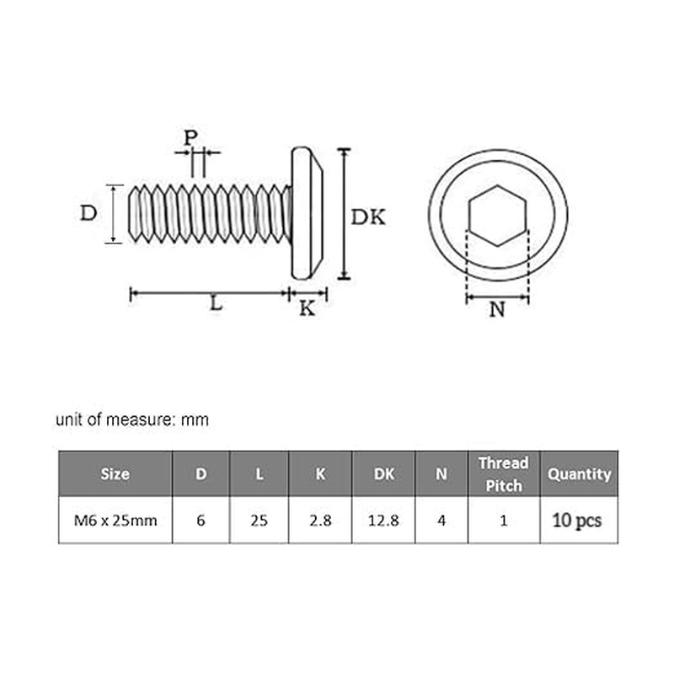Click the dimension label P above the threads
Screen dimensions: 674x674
191,136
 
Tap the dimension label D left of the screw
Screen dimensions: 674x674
88,213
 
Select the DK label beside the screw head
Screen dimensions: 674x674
368,217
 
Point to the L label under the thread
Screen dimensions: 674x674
217,305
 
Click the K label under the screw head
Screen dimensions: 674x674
308,308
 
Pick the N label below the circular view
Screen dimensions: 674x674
497,310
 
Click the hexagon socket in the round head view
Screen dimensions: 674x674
497,215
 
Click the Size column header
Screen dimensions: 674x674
115,473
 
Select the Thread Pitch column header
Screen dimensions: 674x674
503,473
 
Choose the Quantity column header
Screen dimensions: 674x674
579,473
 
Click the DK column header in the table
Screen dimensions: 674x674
383,473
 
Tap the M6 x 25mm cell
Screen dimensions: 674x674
115,520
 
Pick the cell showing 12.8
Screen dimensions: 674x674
383,520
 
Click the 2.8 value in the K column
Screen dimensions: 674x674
320,520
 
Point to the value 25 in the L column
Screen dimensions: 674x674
259,520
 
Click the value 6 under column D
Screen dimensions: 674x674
201,520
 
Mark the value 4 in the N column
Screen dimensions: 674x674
441,520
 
